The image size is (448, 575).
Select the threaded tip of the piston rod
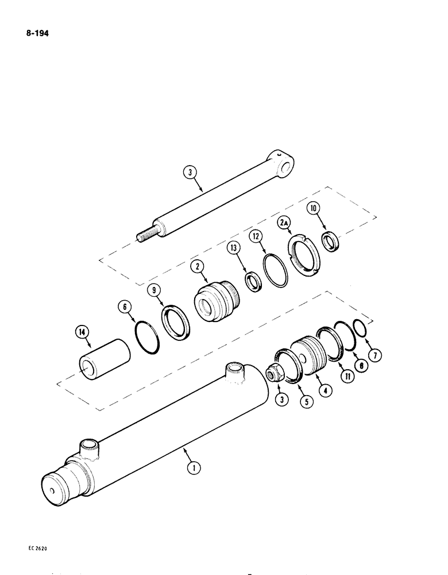click(x=146, y=236)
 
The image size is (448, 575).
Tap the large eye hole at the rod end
click(x=287, y=167)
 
